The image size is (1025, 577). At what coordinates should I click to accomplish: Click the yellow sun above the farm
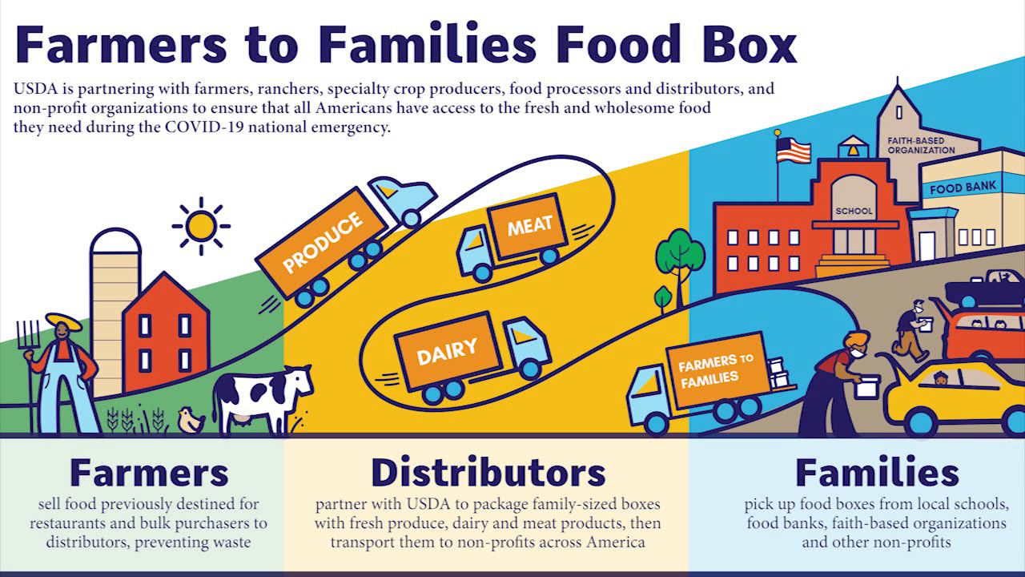(x=200, y=225)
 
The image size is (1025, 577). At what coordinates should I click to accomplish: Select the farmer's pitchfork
(x=30, y=353)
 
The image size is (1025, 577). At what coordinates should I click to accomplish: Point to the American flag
(x=793, y=150)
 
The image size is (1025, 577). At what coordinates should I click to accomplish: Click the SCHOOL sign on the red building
(x=854, y=212)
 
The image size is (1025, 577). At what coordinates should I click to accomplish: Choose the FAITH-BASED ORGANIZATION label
(x=921, y=145)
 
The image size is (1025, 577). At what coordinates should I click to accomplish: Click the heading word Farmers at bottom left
(x=149, y=473)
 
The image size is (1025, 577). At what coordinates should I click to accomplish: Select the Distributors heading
(x=488, y=473)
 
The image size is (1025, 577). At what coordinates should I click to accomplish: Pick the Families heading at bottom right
(x=877, y=473)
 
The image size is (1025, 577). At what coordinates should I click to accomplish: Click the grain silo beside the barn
(x=115, y=305)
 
